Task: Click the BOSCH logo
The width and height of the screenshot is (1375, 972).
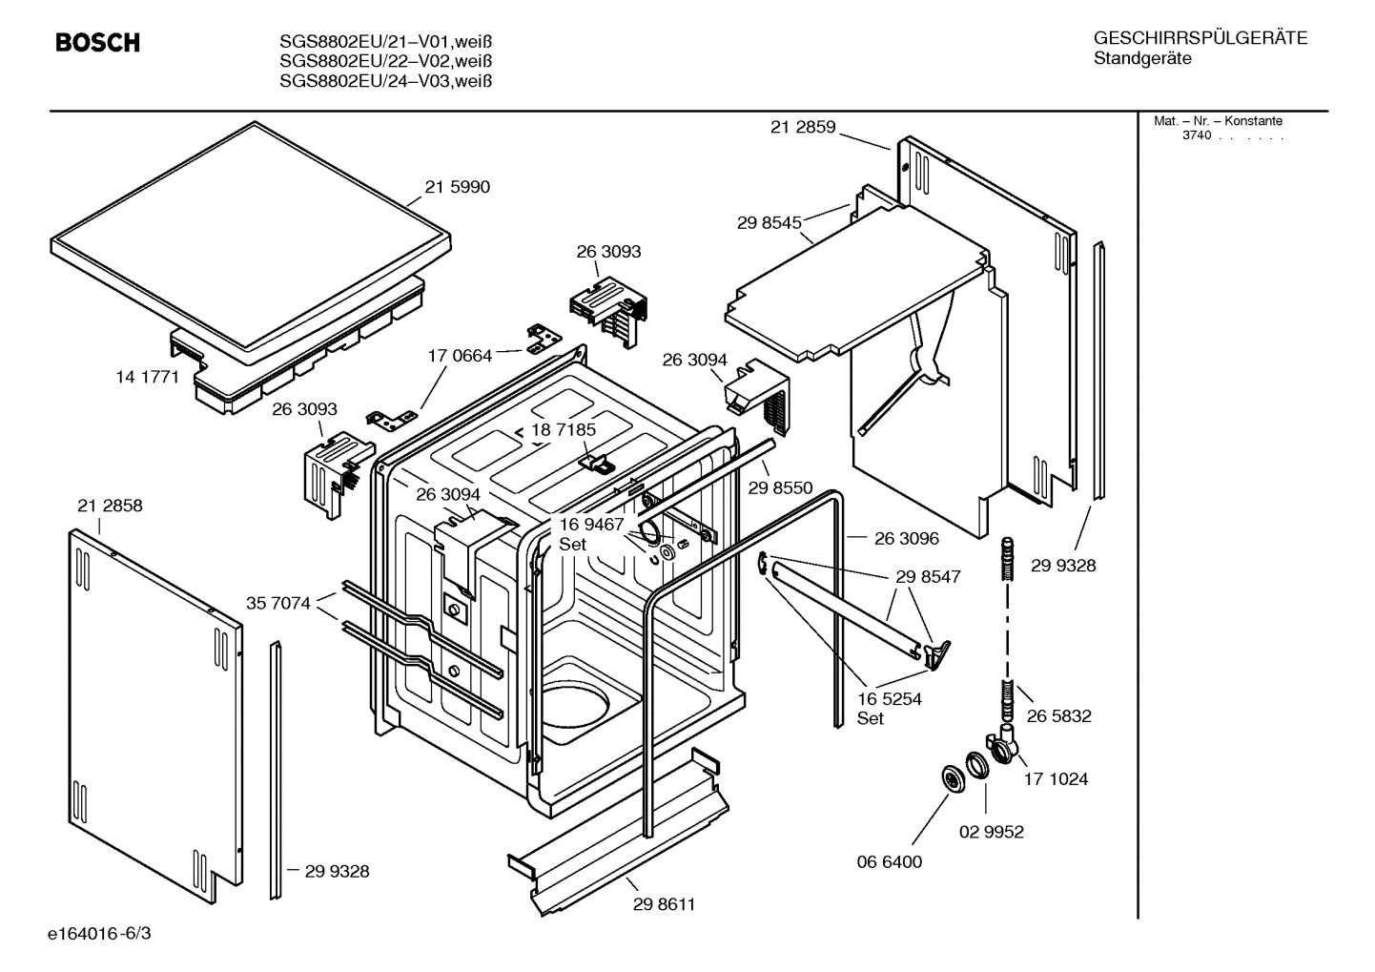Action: (97, 43)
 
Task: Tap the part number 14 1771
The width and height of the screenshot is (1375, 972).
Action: (147, 377)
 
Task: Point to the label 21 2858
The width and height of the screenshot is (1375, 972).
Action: (110, 506)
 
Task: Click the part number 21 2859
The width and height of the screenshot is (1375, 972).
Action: (802, 127)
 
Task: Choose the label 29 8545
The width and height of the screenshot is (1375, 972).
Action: (769, 223)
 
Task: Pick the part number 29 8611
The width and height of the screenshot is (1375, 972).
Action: (664, 904)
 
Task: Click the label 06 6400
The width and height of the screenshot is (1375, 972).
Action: (889, 861)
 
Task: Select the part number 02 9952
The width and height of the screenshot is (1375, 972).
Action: (991, 832)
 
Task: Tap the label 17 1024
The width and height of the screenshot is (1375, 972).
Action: (1056, 778)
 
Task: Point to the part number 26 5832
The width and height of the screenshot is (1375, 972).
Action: (1058, 715)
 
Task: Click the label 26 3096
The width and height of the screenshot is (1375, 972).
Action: (906, 538)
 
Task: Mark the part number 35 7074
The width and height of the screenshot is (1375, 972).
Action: (277, 603)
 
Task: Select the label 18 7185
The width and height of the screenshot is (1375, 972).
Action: (564, 430)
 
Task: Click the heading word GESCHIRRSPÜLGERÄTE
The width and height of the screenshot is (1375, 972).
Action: (1200, 38)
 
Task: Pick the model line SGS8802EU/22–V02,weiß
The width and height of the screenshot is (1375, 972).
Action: (386, 61)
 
